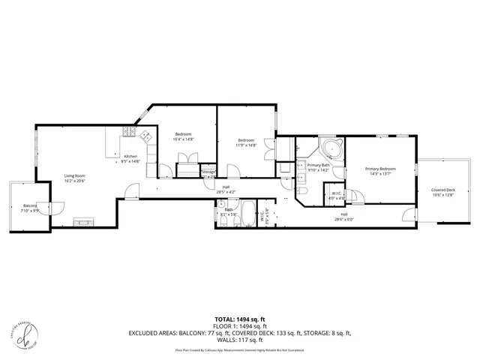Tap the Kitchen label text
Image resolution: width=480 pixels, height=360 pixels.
130,156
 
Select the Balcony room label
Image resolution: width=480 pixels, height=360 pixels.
30,205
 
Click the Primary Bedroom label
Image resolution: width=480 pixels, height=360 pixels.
381,169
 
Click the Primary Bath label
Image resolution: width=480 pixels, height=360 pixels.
319,165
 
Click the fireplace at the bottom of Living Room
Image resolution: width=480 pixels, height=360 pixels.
82,221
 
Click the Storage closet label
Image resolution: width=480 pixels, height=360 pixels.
208,172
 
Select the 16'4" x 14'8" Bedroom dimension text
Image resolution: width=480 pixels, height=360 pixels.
184,139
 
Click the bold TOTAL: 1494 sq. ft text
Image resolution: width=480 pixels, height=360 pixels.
239,319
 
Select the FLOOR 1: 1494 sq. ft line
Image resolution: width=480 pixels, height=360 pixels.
239,325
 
